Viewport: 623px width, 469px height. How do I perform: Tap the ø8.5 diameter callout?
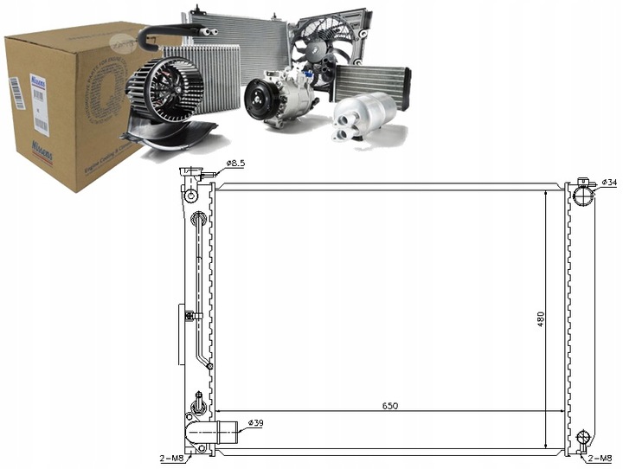[237, 163]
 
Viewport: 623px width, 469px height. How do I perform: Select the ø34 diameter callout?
[608, 182]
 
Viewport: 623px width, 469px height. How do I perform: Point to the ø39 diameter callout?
[256, 422]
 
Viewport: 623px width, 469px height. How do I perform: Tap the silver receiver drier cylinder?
[363, 114]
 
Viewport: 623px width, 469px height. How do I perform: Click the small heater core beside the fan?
[370, 81]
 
